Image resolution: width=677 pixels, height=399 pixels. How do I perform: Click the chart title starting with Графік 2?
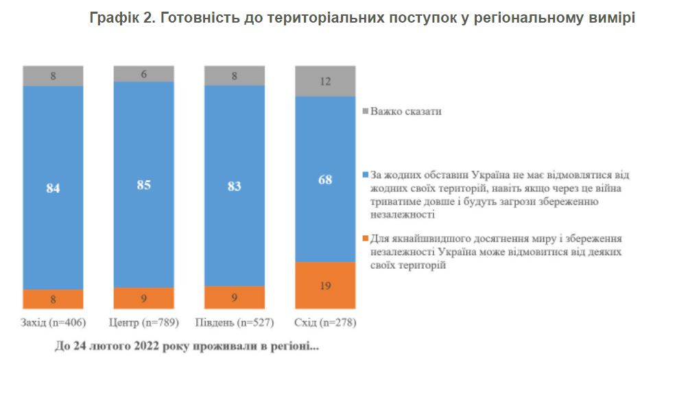[x=362, y=19]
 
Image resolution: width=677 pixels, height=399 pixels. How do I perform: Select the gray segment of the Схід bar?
[x=325, y=81]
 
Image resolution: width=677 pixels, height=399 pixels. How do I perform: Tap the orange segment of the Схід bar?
[x=325, y=285]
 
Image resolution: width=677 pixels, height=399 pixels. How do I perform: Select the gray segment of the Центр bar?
[x=143, y=74]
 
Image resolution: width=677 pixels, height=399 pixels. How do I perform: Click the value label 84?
[x=53, y=187]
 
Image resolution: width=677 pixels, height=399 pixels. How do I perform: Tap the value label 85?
[x=143, y=184]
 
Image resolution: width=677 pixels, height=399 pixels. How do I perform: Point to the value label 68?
[x=325, y=180]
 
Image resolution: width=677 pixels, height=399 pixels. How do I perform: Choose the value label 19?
[x=325, y=285]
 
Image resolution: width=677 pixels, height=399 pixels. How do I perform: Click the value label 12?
[x=325, y=81]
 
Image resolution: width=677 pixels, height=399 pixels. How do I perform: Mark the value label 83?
[x=235, y=186]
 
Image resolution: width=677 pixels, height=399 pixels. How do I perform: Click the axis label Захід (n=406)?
[x=53, y=322]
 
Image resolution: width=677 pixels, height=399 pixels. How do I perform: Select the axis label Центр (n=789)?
[x=143, y=322]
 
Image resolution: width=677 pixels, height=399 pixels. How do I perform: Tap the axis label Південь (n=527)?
[x=235, y=322]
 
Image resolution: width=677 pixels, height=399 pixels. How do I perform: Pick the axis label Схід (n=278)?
[x=325, y=322]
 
